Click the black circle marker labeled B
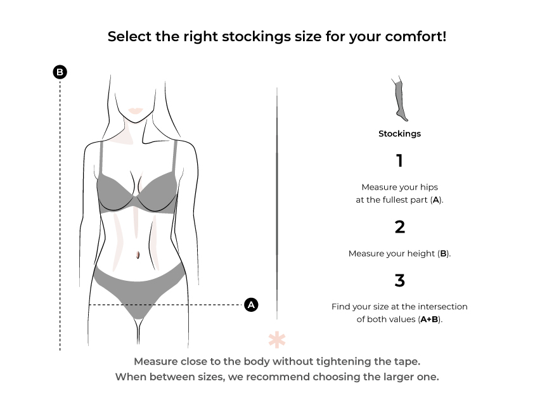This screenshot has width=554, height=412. tap(60, 72)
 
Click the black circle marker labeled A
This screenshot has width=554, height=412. tap(251, 305)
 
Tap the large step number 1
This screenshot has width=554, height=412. tap(399, 161)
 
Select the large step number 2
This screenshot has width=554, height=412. tap(399, 227)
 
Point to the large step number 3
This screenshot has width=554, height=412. tap(399, 281)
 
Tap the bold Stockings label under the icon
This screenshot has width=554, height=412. tap(399, 134)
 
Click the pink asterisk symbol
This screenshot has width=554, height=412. tap(277, 340)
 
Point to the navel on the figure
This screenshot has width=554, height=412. tap(138, 254)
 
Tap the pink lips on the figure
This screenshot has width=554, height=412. tap(135, 111)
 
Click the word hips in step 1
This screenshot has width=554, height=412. tap(429, 187)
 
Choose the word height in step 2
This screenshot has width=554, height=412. tap(421, 254)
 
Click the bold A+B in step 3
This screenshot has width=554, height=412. tap(429, 319)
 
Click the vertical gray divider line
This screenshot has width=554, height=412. tap(277, 203)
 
